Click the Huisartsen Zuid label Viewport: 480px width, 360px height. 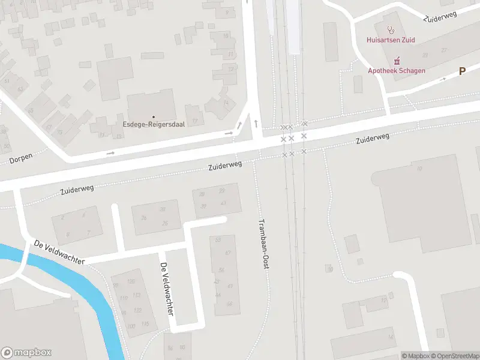pos(391,40)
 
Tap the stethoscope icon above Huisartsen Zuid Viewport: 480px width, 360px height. pos(391,29)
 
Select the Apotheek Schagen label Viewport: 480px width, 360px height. pos(397,70)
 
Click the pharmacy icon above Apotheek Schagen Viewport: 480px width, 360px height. pos(397,60)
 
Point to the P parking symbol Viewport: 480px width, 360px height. pos(462,71)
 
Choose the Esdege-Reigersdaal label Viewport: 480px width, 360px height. pos(153,124)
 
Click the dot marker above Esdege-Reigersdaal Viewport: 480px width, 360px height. pos(153,116)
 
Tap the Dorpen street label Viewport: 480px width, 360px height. pos(21,159)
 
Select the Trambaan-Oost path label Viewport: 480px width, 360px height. pos(263,242)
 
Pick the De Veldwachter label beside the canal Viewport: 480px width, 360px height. pos(59,251)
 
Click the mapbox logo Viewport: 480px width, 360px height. pos(26,353)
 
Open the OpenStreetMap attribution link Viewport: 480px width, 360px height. pos(454,356)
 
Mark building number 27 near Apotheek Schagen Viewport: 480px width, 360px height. pos(443,50)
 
